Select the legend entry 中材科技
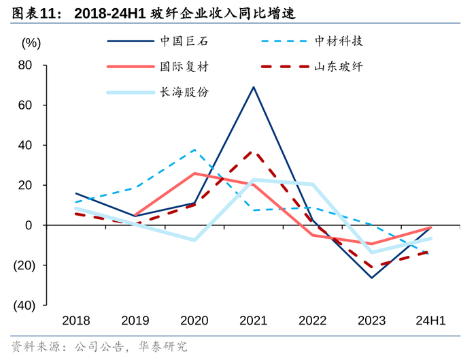coord(338,41)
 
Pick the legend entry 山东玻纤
coord(338,67)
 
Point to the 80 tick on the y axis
coord(26,65)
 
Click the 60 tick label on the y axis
coord(26,105)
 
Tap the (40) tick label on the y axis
coord(22,305)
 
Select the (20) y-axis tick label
coord(22,265)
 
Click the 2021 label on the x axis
coord(254,321)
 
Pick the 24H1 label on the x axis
coord(430,321)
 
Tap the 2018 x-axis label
coord(75,321)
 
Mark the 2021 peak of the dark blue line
coord(254,87)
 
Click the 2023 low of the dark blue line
coord(371,278)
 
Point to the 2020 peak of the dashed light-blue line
coord(194,150)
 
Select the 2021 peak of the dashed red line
coord(254,152)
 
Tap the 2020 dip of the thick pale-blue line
coord(194,240)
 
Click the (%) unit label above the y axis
coord(31,43)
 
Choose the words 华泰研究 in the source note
coord(164,347)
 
